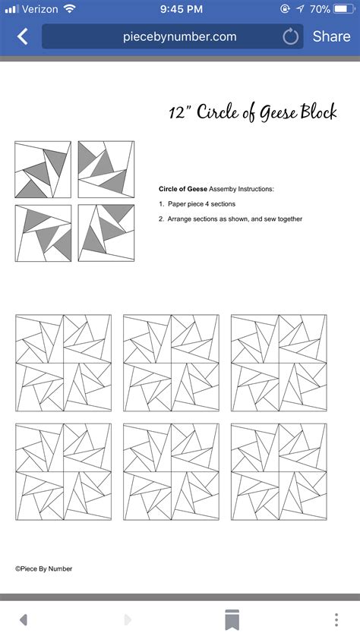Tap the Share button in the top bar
[331, 36]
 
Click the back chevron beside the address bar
[22, 36]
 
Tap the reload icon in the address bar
[290, 36]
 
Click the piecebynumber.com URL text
[179, 36]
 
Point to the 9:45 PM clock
[180, 9]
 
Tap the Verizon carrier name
[42, 9]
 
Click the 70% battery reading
[320, 9]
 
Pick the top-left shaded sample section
[43, 169]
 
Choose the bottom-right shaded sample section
[106, 233]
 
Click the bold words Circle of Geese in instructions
[183, 188]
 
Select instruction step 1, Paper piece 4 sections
[197, 203]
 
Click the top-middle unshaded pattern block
[171, 363]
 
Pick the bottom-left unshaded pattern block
[63, 471]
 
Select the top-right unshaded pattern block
[279, 363]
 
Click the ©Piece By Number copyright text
[44, 568]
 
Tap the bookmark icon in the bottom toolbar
[232, 619]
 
